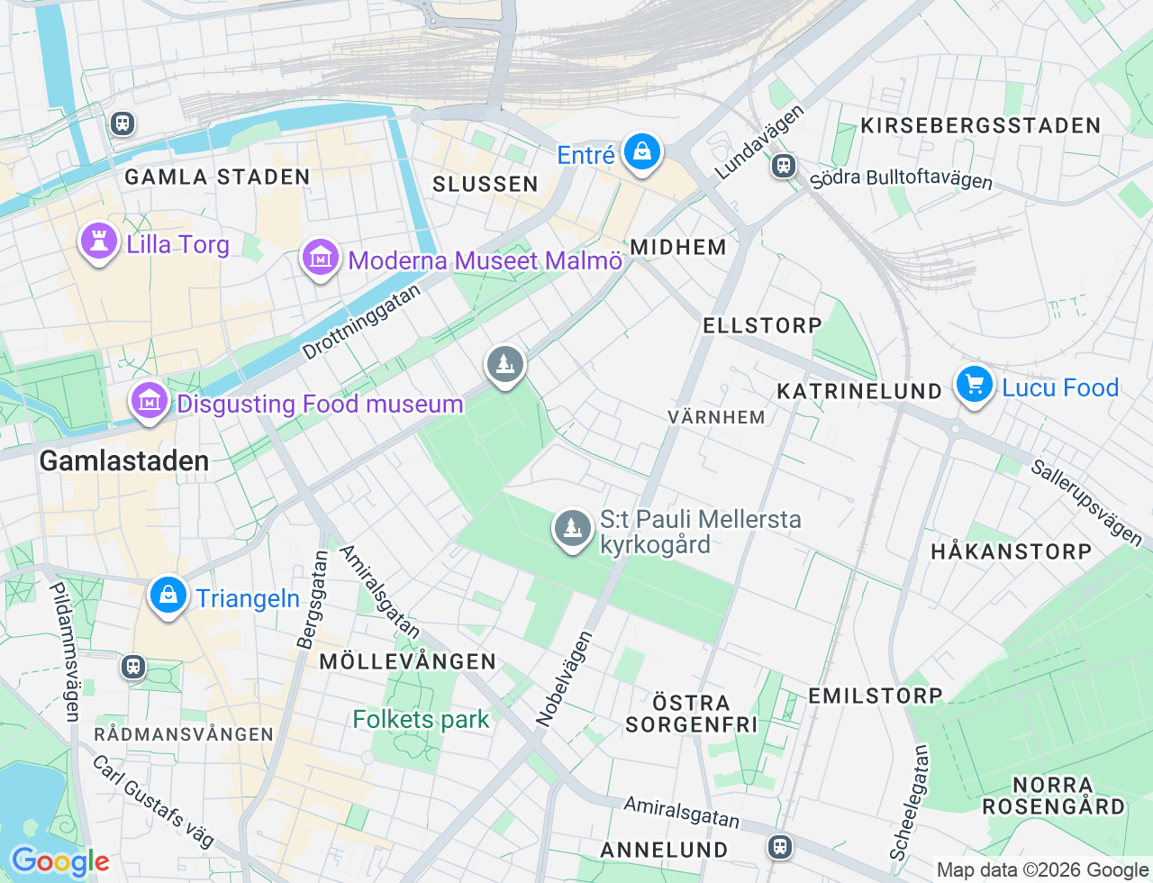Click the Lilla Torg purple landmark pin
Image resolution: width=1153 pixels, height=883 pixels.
coord(99,241)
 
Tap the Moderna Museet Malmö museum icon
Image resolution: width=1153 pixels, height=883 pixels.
coord(320,258)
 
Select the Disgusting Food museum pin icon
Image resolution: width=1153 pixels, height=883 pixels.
coord(150,401)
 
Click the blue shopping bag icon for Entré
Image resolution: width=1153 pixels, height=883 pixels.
coord(641,152)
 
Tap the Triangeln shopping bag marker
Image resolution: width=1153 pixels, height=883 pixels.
coord(168,596)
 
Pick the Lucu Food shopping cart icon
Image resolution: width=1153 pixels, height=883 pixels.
coord(974,386)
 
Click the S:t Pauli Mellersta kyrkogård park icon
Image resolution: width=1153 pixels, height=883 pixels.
coord(571,529)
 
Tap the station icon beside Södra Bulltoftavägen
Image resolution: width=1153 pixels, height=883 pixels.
coord(784,166)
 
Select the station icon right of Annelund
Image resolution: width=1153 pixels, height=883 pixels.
coord(779,847)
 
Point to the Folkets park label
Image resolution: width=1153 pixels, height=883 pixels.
coord(421,719)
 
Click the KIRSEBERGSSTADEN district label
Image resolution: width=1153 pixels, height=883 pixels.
coord(980,125)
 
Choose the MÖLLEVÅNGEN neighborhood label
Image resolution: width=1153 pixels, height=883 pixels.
coord(407,661)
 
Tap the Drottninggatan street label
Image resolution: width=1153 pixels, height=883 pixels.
coord(361,322)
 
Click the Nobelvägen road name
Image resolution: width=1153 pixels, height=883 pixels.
coord(565,678)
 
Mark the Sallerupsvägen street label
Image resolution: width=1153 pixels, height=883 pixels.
coord(1086,503)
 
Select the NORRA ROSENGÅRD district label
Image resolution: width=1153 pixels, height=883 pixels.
coord(1053,796)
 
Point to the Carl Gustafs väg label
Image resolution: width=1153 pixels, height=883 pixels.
coord(153,801)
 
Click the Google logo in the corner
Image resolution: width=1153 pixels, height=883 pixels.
coord(59,861)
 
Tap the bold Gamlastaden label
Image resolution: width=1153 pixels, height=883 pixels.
coord(124,460)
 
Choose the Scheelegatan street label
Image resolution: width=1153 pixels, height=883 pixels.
coord(909,802)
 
